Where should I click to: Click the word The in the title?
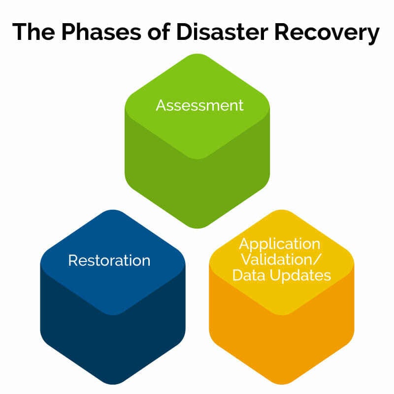pyautogui.click(x=33, y=32)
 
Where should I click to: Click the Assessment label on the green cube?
pyautogui.click(x=199, y=105)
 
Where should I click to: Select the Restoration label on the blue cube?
pyautogui.click(x=109, y=260)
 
